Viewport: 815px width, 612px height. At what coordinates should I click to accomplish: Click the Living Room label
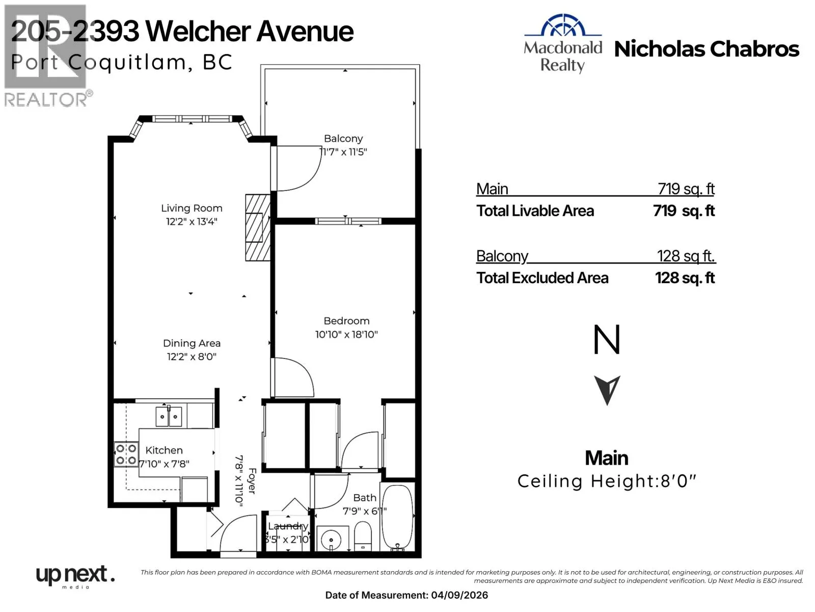[x=192, y=208]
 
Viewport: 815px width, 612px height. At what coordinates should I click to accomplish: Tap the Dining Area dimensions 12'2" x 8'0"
[x=192, y=356]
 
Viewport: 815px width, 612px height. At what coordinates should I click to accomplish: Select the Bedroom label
[x=346, y=321]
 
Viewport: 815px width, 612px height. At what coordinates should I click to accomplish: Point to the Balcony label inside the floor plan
[x=343, y=139]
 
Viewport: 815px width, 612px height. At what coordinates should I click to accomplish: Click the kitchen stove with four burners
[x=126, y=454]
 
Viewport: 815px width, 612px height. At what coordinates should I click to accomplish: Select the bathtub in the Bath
[x=397, y=518]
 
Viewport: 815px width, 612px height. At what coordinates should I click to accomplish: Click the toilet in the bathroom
[x=363, y=536]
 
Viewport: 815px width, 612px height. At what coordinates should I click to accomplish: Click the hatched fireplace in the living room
[x=258, y=227]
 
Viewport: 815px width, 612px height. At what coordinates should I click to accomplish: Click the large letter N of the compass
[x=607, y=339]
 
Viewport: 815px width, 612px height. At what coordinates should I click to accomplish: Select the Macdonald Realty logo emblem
[x=562, y=25]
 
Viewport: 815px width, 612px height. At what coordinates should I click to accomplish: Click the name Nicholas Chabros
[x=707, y=49]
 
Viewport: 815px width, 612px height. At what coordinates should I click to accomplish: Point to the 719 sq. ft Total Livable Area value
[x=684, y=211]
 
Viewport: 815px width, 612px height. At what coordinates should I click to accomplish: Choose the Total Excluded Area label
[x=542, y=278]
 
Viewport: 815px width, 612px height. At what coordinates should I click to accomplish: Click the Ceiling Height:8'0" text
[x=606, y=481]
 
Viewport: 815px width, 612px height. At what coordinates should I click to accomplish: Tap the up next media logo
[x=75, y=576]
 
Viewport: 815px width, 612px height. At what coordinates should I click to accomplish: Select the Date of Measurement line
[x=406, y=595]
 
